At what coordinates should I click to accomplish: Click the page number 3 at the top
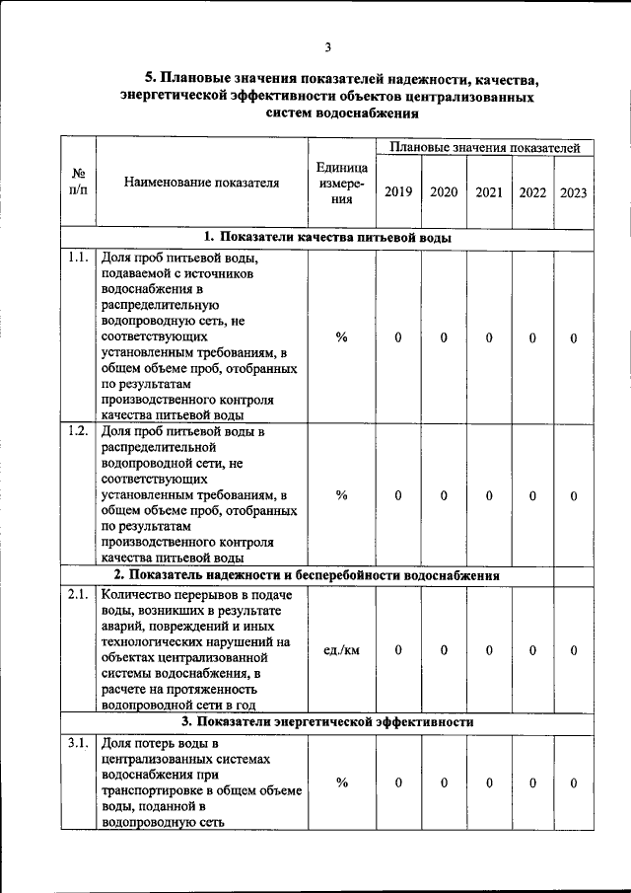coord(327,46)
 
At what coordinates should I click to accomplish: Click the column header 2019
coord(398,192)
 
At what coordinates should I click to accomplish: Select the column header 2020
coord(444,192)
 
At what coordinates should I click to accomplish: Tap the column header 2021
coord(489,192)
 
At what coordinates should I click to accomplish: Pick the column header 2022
coord(532,192)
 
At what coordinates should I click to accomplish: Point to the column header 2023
coord(574,192)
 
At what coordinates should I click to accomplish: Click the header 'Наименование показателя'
coord(202,182)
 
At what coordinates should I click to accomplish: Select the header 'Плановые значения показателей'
coord(484,147)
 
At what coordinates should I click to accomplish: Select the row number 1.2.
coord(78,431)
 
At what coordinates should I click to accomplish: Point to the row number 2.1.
coord(78,594)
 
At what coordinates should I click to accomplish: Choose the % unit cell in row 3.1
coord(341,782)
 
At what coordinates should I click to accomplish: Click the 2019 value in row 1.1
coord(398,338)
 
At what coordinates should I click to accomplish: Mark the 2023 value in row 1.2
coord(574,495)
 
